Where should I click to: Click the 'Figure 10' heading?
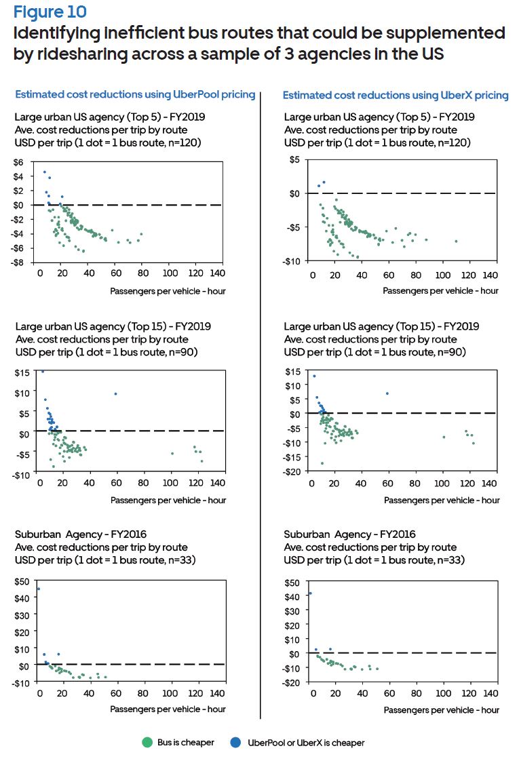pyautogui.click(x=50, y=12)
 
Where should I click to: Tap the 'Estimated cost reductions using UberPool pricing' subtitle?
pyautogui.click(x=135, y=95)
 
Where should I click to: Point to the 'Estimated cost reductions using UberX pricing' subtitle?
pyautogui.click(x=396, y=96)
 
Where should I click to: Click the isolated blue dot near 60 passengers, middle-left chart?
pyautogui.click(x=116, y=394)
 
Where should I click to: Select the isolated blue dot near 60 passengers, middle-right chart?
pyautogui.click(x=387, y=393)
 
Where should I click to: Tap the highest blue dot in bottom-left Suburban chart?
pyautogui.click(x=38, y=589)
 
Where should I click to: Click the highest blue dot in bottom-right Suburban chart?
pyautogui.click(x=310, y=593)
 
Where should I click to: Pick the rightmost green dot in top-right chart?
pyautogui.click(x=456, y=241)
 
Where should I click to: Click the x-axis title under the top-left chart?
pyautogui.click(x=168, y=291)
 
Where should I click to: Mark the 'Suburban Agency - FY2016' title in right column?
pyautogui.click(x=349, y=534)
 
